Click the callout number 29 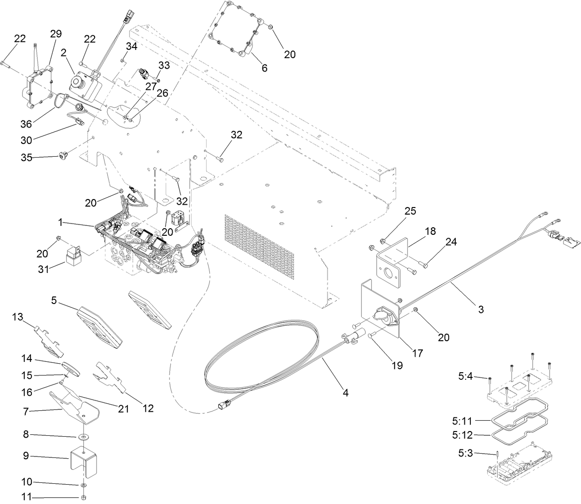[56, 34]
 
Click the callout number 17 [417, 352]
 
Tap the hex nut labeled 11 [84, 498]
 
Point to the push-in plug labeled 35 [63, 156]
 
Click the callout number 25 [410, 211]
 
